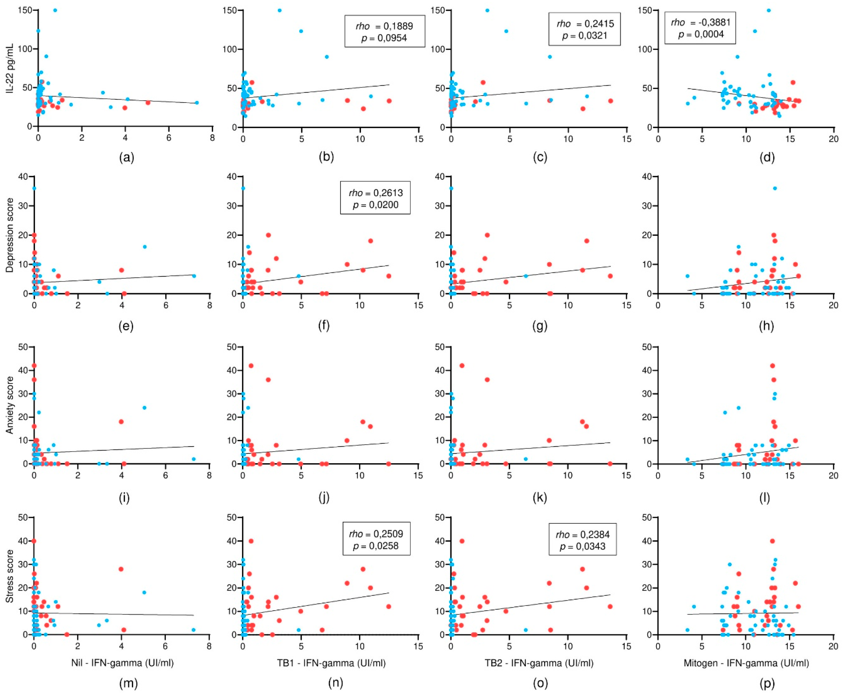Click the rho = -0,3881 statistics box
[x=700, y=28]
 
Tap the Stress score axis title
[x=10, y=576]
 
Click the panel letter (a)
[x=127, y=157]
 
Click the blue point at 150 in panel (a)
[x=55, y=10]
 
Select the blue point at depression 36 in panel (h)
[x=775, y=188]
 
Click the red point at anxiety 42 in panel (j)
[x=251, y=366]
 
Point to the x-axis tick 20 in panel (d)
[x=833, y=139]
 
